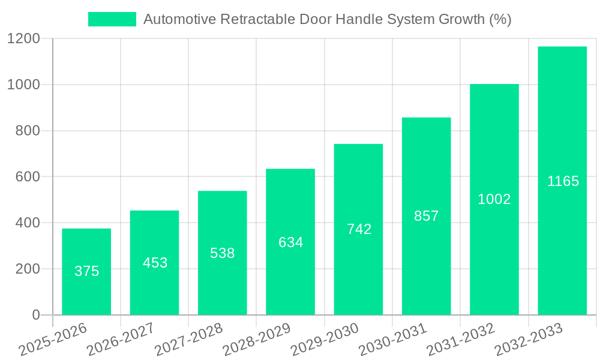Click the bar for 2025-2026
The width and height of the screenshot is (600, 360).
coord(86,272)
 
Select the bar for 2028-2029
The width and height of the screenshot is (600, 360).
coord(290,242)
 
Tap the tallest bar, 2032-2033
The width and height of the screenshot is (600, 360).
coord(562,181)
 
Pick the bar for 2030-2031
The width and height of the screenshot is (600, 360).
coord(426,216)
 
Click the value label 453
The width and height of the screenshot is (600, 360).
coord(155,263)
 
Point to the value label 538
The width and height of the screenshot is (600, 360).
coord(222,253)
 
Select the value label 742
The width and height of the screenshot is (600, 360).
coord(359,229)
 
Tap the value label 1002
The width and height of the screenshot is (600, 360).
coord(494,199)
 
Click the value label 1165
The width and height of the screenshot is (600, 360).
coord(563,181)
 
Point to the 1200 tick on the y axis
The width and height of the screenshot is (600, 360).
coord(23,39)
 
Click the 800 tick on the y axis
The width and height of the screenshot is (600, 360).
coord(28,131)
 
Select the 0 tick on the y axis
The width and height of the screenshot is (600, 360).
coord(35,315)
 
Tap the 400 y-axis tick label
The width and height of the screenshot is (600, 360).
coord(28,223)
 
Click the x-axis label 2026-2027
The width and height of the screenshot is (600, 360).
coord(120,340)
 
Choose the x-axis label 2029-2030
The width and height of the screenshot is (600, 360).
coord(324,340)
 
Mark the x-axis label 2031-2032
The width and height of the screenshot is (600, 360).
coord(460,340)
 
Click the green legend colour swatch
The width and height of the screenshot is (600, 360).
coord(112,19)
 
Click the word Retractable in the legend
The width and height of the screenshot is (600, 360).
coord(258,19)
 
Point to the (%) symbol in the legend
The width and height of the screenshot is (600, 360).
coord(500,19)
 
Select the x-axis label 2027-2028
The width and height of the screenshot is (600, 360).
coord(188,340)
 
